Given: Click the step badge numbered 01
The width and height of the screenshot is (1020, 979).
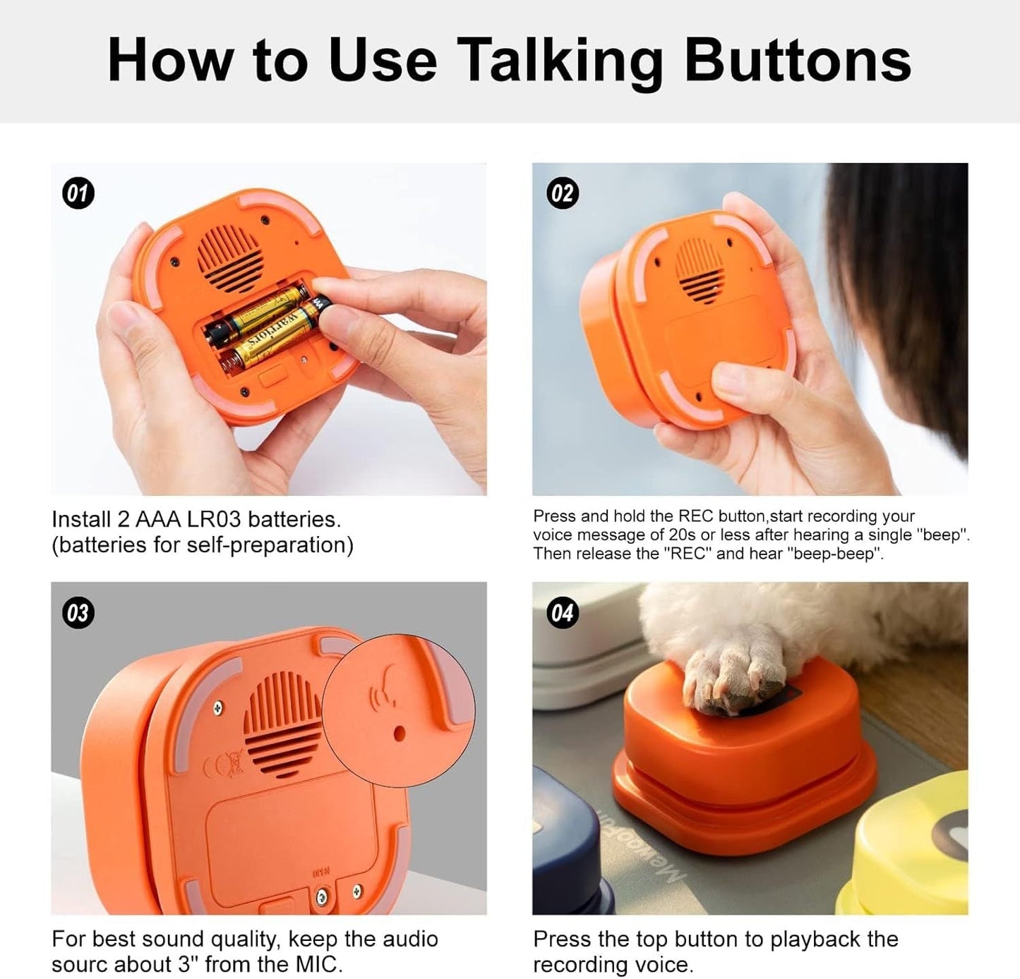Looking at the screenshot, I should tap(78, 193).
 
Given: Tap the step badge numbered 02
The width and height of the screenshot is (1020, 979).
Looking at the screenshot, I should tap(562, 193).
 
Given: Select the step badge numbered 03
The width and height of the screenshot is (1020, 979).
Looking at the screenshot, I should tap(78, 612).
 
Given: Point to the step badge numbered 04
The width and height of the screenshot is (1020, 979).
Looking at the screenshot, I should tap(562, 612).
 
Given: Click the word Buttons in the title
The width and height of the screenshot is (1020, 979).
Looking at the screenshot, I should tap(798, 61).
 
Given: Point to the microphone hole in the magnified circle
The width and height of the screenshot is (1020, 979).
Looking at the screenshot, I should tap(399, 734).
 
